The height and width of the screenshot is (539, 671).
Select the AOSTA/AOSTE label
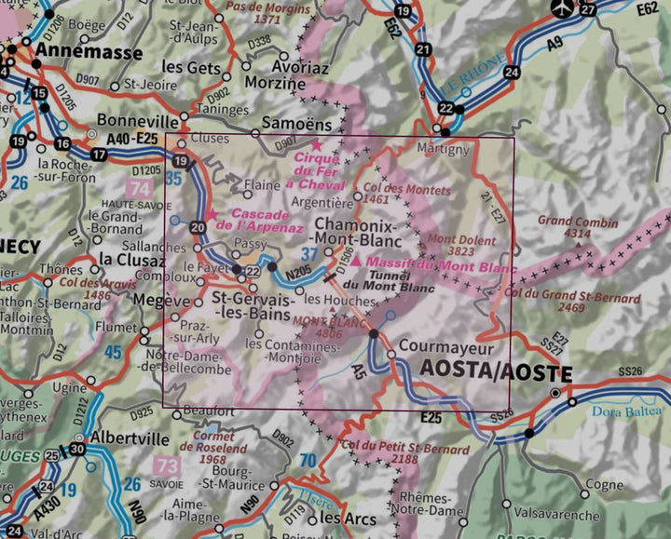point(493,370)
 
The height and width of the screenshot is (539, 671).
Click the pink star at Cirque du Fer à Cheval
point(317,145)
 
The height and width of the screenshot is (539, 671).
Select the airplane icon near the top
point(562,7)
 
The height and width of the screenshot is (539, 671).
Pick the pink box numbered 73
point(166,464)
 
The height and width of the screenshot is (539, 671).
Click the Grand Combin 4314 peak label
point(577,228)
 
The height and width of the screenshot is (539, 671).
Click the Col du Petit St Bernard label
point(392,451)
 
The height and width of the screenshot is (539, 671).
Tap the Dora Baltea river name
point(626,411)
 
